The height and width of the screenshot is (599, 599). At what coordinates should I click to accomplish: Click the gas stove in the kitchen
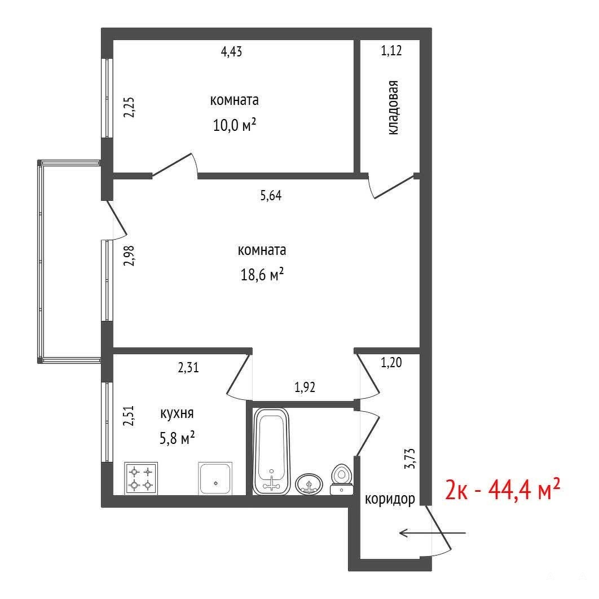click(140, 479)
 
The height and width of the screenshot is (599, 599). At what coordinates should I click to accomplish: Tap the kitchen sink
click(215, 479)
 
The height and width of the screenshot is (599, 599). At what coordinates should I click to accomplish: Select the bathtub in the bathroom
click(272, 451)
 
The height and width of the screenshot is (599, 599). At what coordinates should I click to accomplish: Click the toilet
click(342, 479)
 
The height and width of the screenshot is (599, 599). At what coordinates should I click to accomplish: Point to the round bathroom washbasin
click(309, 485)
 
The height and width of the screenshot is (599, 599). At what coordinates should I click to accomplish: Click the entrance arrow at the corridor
click(432, 532)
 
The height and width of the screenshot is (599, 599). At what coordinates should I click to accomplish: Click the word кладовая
click(393, 107)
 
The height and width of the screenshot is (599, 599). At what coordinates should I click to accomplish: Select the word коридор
click(390, 499)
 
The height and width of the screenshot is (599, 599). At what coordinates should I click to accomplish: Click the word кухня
click(177, 414)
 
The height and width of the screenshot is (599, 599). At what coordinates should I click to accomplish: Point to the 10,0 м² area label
click(234, 125)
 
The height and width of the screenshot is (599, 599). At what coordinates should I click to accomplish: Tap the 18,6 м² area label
click(262, 274)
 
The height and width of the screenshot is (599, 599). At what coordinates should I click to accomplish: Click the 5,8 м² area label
click(177, 438)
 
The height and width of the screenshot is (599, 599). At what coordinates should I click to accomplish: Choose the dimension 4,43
click(231, 51)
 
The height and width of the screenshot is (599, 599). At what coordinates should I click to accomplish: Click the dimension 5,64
click(271, 196)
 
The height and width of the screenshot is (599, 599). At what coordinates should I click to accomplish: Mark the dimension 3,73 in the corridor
click(410, 459)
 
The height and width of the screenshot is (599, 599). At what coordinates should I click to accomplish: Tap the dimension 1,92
click(305, 387)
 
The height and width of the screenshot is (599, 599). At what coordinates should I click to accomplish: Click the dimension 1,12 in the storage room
click(391, 50)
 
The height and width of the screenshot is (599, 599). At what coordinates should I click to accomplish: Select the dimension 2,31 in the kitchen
click(188, 368)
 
